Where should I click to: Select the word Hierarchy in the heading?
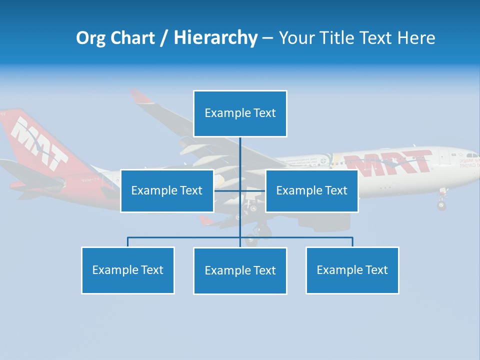(x=215, y=38)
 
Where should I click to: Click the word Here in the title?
(x=416, y=38)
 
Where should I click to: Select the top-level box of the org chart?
(x=240, y=113)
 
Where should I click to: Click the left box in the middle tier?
(x=167, y=191)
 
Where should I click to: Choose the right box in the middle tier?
(x=311, y=191)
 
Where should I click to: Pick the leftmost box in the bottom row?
(x=128, y=270)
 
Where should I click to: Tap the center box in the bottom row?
(x=240, y=271)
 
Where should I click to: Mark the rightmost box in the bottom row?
(x=352, y=270)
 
